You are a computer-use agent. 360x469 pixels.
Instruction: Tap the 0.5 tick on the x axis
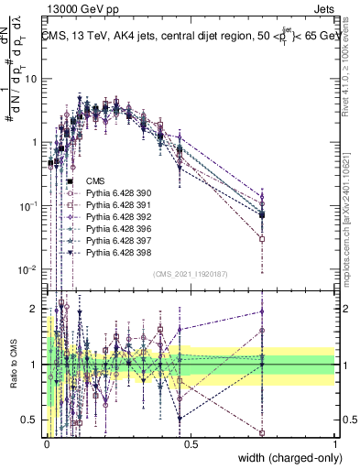[x=191, y=443]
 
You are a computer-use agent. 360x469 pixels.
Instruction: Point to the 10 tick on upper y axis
[x=32, y=79]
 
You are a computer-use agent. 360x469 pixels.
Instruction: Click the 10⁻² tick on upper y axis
[x=30, y=269]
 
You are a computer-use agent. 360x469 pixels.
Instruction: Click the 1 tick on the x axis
[x=333, y=443]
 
